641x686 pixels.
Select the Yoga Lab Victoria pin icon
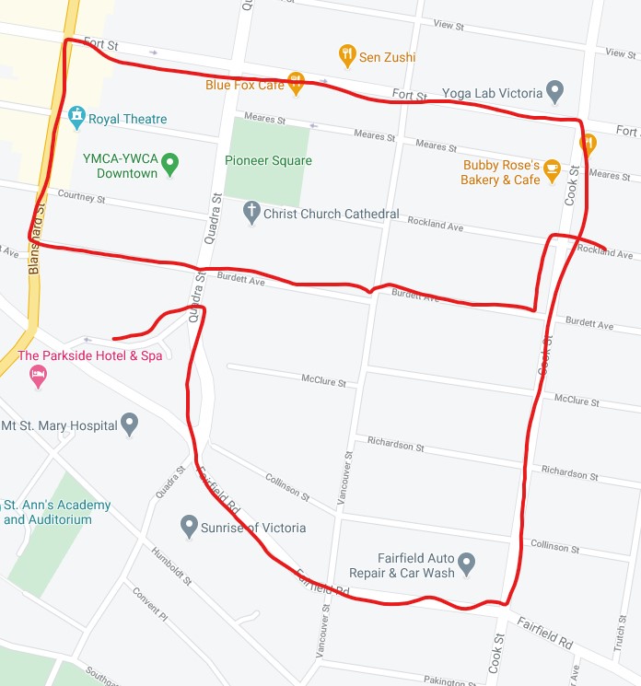coord(554,92)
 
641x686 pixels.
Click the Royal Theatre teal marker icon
coord(76,117)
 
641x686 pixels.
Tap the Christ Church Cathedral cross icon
coord(251,214)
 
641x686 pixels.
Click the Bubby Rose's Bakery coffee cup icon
coord(552,169)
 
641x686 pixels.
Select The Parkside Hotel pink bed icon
coord(38,376)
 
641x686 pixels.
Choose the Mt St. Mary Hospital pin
coord(130,425)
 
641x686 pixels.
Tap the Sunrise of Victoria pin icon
coord(190,528)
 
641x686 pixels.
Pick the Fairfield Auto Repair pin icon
coord(467,562)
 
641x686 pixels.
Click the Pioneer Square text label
coord(268,160)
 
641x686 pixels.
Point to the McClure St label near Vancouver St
coord(323,380)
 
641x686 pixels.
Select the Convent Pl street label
coord(149,602)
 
